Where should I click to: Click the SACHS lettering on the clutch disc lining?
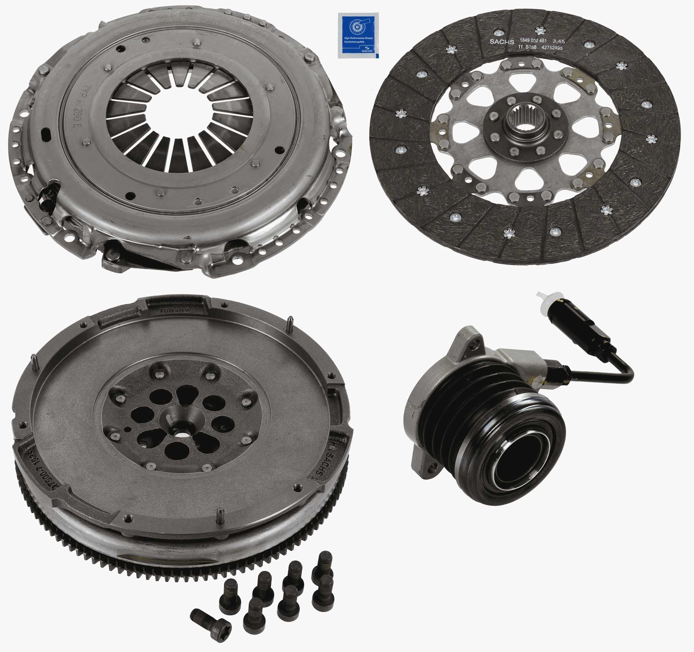point(502,42)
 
